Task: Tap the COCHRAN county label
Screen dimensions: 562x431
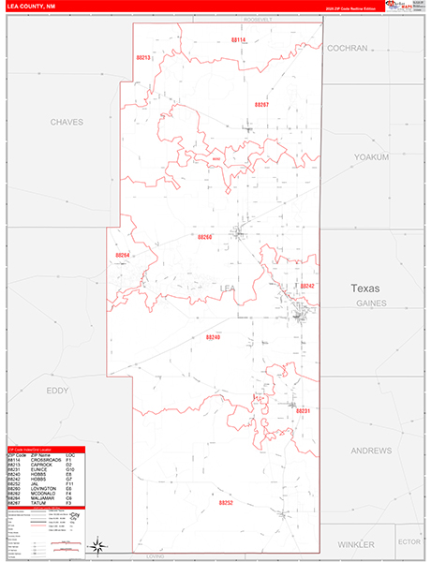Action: pyautogui.click(x=348, y=47)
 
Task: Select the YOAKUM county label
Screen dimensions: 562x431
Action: pyautogui.click(x=371, y=157)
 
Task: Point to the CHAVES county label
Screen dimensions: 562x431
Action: pyautogui.click(x=67, y=122)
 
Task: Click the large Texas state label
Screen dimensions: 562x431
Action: pyautogui.click(x=366, y=288)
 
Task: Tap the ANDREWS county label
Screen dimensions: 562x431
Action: pyautogui.click(x=371, y=451)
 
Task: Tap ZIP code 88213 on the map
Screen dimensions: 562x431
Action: pyautogui.click(x=143, y=58)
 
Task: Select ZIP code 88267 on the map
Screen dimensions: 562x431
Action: pyautogui.click(x=261, y=105)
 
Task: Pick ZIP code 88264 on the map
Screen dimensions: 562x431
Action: pyautogui.click(x=123, y=255)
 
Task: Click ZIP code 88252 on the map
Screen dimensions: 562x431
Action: pyautogui.click(x=226, y=502)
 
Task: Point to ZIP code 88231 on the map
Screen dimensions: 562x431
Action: pyautogui.click(x=303, y=411)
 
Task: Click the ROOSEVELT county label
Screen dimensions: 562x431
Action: pyautogui.click(x=256, y=20)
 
